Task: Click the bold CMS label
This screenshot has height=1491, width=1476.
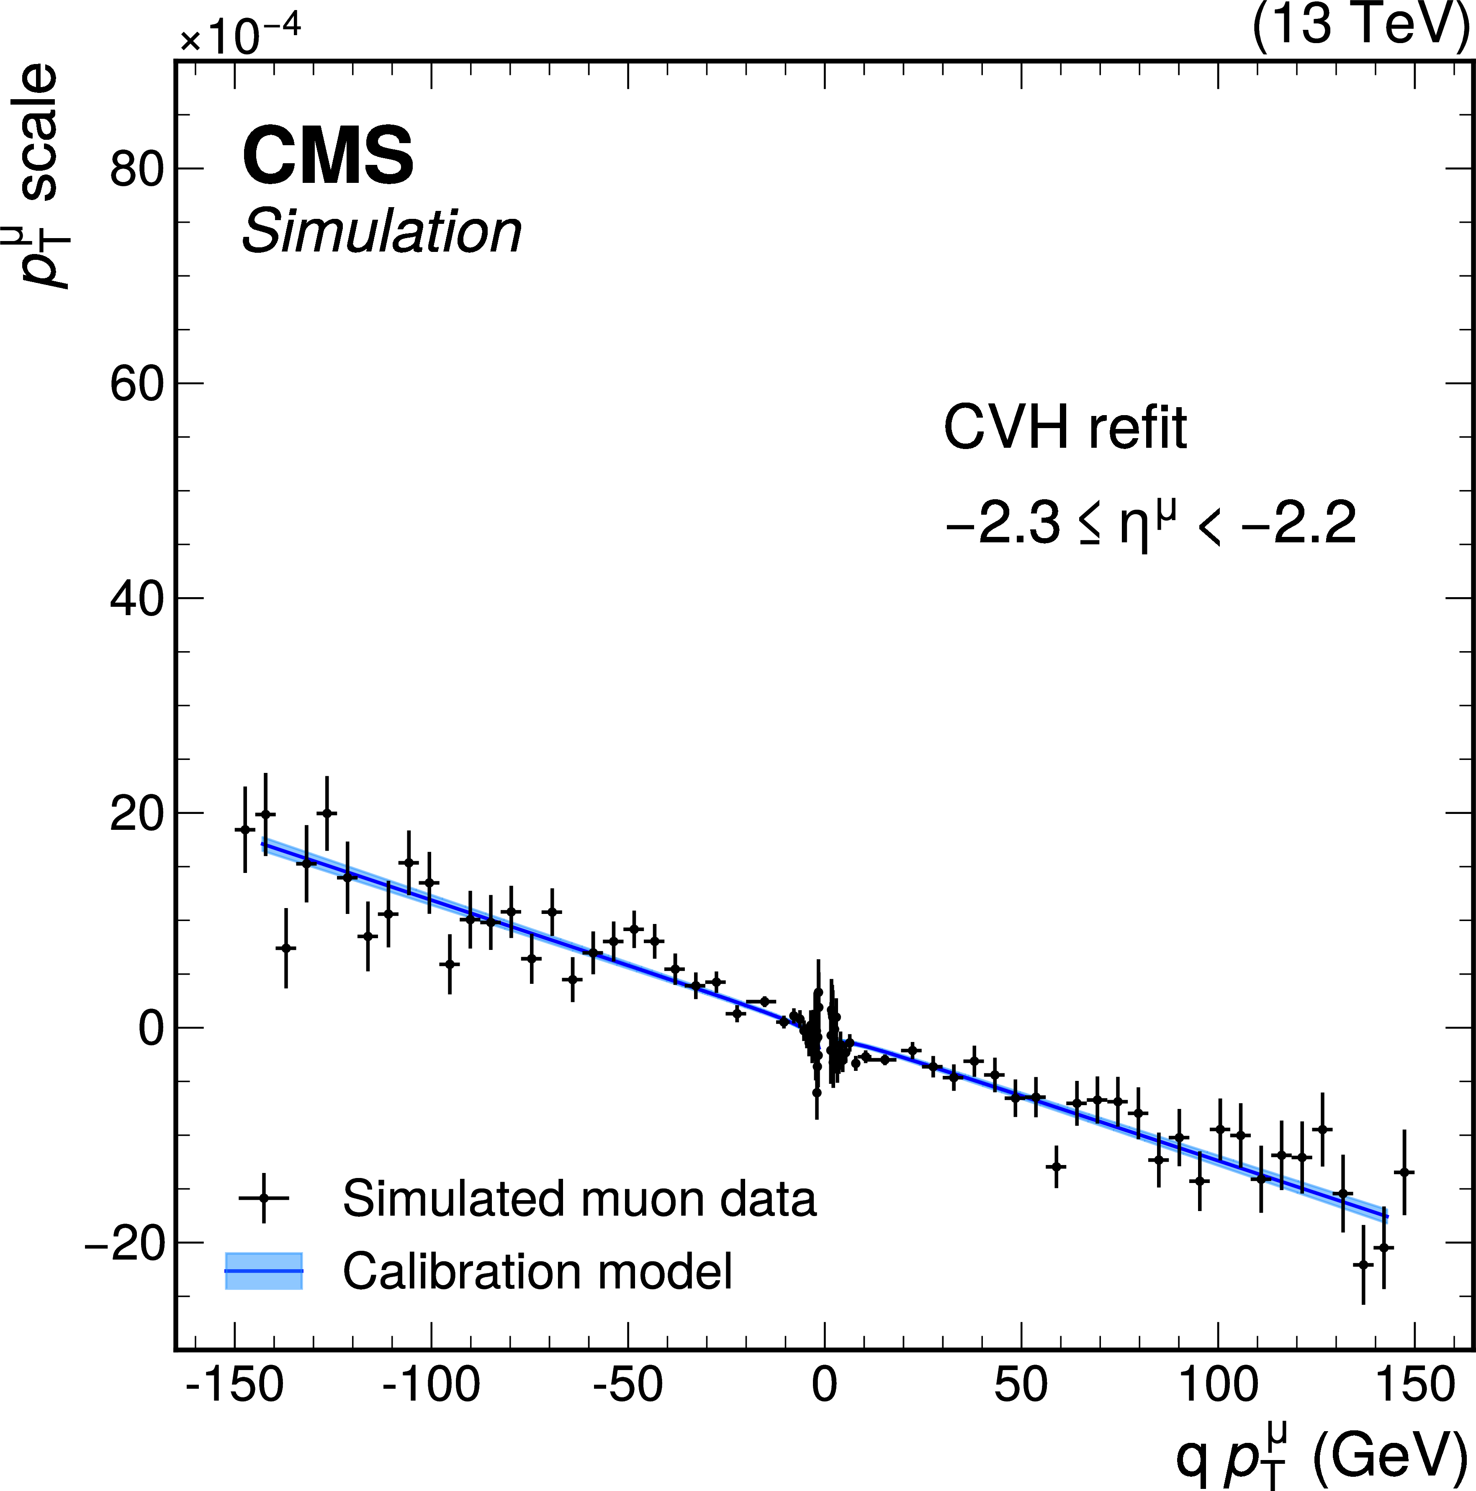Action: pos(328,157)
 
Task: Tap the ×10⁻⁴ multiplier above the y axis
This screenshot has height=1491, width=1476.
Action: pos(240,35)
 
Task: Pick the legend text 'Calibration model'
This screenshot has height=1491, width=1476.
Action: pos(537,1271)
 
